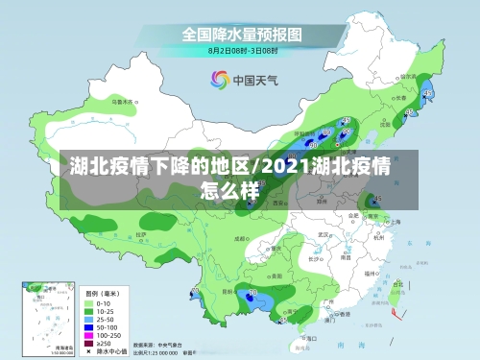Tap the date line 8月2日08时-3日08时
tap(244, 50)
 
